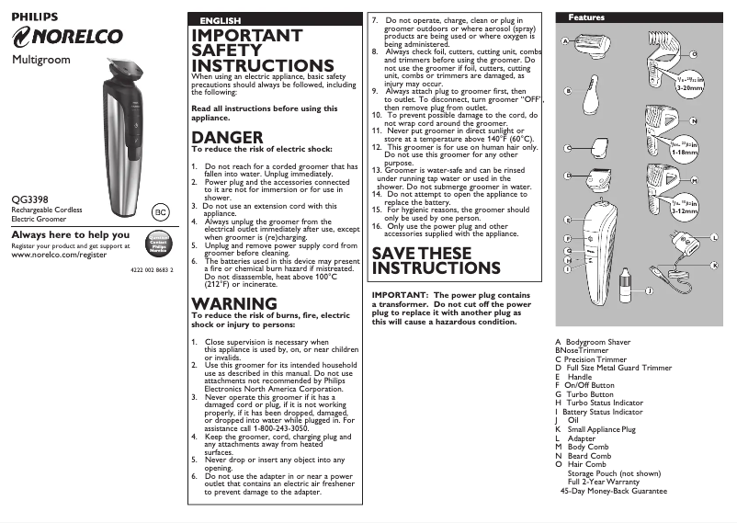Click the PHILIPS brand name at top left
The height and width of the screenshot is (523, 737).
[x=34, y=17]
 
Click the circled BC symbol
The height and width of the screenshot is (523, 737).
[x=161, y=212]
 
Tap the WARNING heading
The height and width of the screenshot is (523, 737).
[x=232, y=303]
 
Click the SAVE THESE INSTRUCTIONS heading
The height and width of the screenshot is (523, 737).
[x=437, y=261]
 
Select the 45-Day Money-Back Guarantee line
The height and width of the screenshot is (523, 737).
[x=613, y=491]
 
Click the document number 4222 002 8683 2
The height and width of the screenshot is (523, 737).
[x=147, y=268]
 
